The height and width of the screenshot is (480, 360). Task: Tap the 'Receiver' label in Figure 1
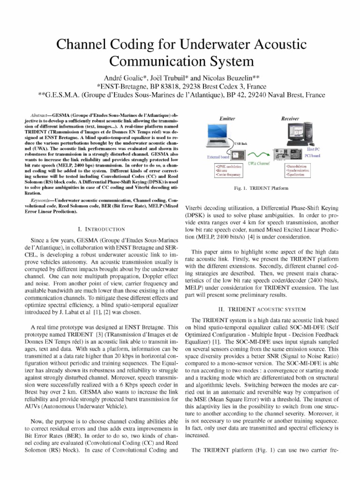click(x=290, y=120)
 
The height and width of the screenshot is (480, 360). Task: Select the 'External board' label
click(x=217, y=157)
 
